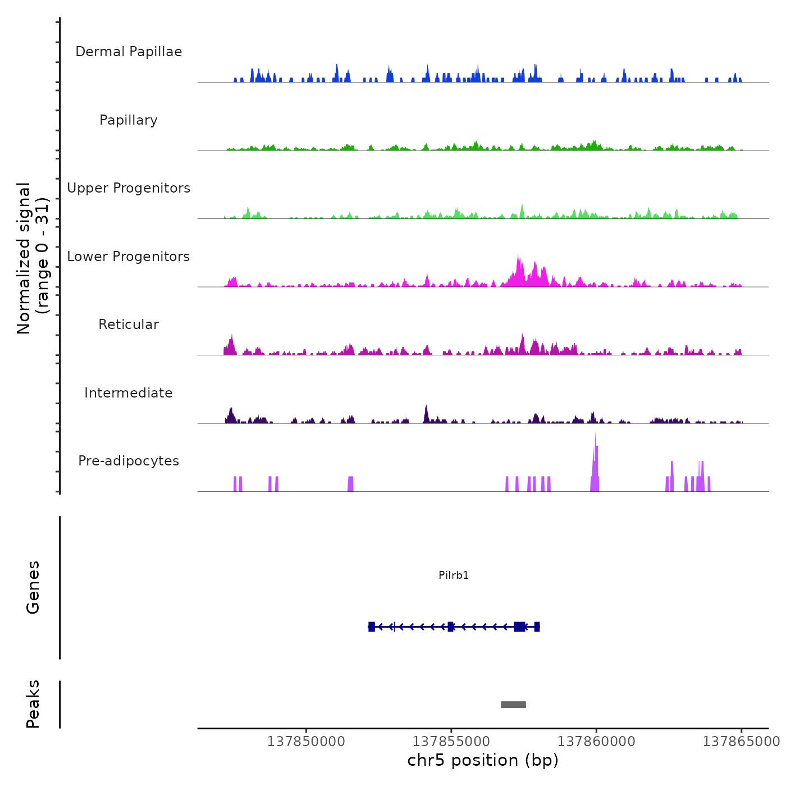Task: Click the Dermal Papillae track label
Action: click(129, 52)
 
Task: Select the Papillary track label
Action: click(129, 120)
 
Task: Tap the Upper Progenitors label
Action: click(129, 188)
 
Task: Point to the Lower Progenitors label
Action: click(129, 257)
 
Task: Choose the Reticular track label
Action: click(129, 325)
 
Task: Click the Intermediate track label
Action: click(129, 393)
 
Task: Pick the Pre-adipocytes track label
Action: click(129, 461)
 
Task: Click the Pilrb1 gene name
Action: click(454, 575)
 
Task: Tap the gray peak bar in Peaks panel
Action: click(513, 705)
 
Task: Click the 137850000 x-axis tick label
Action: click(306, 742)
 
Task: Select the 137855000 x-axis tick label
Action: click(451, 742)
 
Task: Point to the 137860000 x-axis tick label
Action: click(596, 742)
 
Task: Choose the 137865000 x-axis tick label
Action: click(741, 742)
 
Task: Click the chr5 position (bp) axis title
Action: click(483, 760)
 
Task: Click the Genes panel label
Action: click(33, 587)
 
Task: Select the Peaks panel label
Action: click(33, 704)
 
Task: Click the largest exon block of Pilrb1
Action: click(519, 627)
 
